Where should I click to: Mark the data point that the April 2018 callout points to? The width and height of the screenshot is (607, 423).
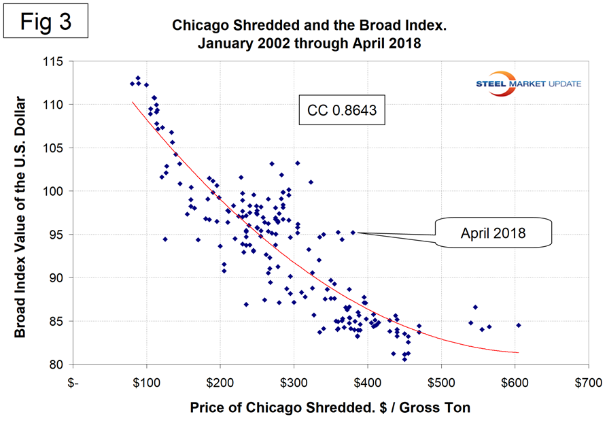pyautogui.click(x=353, y=232)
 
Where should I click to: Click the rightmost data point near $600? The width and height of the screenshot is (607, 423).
pyautogui.click(x=518, y=325)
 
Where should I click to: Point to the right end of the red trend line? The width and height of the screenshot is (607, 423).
pyautogui.click(x=518, y=352)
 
